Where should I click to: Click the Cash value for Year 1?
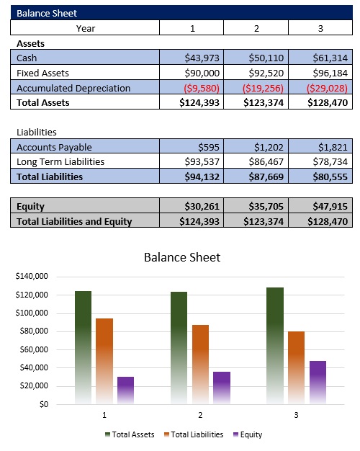(202, 58)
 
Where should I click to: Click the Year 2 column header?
(256, 28)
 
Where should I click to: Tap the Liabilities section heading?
(37, 132)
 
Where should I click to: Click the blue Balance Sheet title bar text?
(47, 13)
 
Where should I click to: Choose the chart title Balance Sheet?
(181, 257)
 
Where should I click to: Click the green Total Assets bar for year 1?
(83, 346)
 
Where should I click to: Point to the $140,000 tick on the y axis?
(31, 277)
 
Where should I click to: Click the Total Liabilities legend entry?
(194, 434)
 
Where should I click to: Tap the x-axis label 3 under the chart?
(296, 416)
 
